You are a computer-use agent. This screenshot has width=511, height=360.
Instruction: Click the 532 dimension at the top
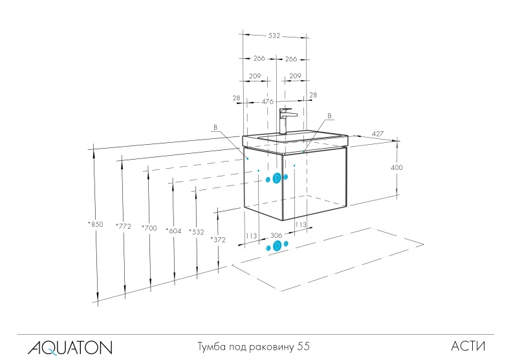(274, 36)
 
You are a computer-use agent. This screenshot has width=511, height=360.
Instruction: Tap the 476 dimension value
(268, 101)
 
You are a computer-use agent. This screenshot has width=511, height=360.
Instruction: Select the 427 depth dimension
(378, 134)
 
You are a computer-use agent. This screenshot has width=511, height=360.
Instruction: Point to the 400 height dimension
(397, 167)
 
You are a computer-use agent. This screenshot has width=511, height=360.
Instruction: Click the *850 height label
(95, 224)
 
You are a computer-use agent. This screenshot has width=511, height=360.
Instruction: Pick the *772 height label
(122, 226)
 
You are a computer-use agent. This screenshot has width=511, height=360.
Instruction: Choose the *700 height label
(149, 228)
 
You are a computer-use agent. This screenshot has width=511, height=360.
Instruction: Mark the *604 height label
(173, 231)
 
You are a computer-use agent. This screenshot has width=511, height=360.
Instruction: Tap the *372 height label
(217, 239)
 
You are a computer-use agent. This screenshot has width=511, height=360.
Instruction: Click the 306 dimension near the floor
(276, 235)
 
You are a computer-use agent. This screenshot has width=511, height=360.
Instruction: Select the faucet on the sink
(286, 120)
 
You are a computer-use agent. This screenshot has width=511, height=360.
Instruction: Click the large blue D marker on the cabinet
(277, 178)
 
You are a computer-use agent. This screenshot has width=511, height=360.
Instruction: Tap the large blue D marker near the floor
(278, 246)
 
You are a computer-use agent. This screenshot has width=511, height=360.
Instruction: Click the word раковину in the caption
(271, 347)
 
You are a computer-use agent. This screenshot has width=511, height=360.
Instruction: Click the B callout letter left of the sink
(215, 127)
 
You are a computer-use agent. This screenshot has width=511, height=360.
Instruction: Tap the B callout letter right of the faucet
(329, 116)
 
